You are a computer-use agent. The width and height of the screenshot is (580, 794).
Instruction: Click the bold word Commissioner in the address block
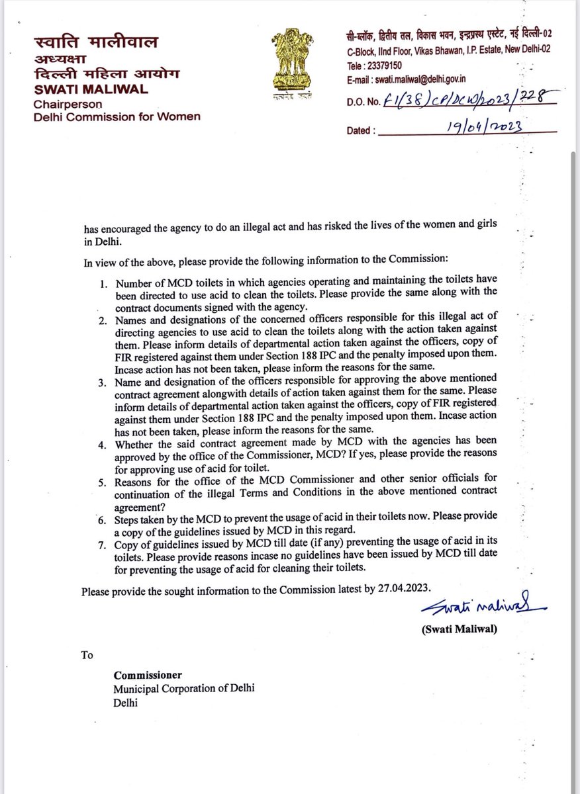[x=147, y=676]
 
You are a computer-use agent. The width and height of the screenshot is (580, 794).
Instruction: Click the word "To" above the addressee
[x=87, y=655]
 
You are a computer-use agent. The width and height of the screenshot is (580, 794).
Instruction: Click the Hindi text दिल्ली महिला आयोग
[x=97, y=75]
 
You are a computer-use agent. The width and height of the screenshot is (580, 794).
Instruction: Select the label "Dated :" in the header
[x=362, y=130]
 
